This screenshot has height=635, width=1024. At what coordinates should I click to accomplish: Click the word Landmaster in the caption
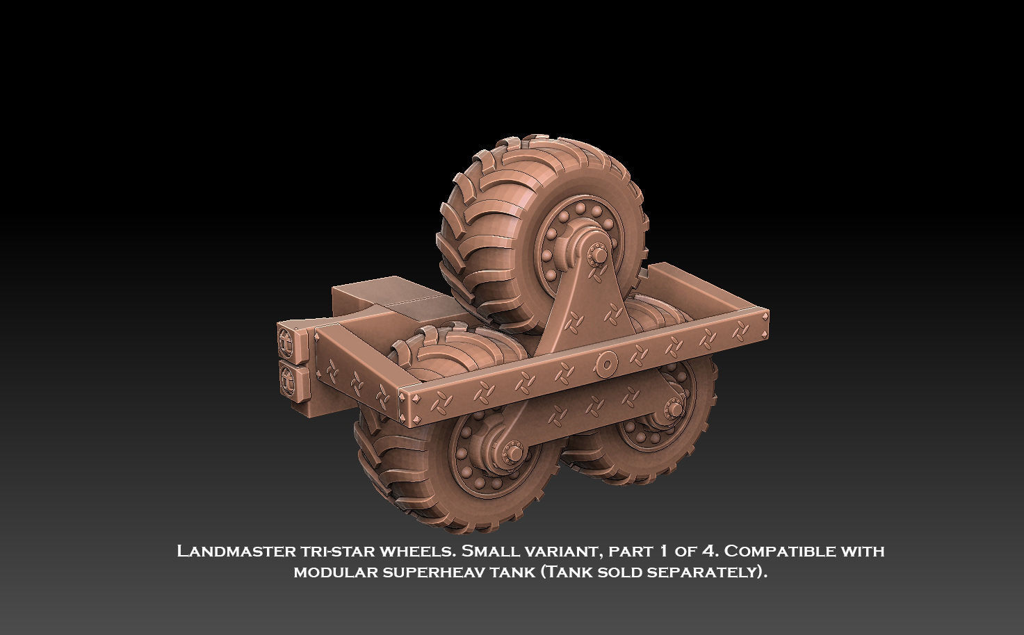coord(236,552)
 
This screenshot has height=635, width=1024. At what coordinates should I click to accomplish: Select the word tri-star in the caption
coord(337,552)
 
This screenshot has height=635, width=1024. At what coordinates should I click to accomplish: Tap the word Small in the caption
coord(491,552)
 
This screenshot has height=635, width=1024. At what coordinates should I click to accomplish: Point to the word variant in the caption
coord(564,552)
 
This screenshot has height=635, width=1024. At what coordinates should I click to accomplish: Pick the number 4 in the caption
coord(708,552)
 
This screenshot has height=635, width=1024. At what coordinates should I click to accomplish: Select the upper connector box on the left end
coord(292,340)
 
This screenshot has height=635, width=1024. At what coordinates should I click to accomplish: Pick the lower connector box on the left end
coord(292,379)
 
